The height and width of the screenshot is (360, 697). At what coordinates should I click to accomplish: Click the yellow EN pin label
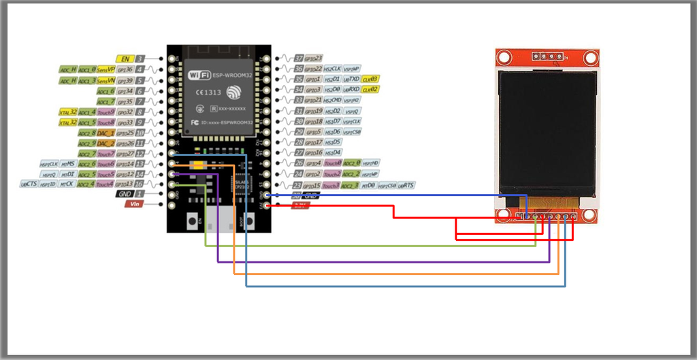(125, 59)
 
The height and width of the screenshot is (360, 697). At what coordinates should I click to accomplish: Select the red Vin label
(133, 203)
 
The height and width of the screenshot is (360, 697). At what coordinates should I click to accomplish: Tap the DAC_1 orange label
(106, 133)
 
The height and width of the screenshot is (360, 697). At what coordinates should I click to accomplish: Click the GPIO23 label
(313, 59)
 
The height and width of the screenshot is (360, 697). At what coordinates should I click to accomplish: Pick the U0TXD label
(351, 80)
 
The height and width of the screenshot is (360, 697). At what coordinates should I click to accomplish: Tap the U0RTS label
(406, 185)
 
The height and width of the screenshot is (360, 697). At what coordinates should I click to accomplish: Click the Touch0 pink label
(333, 164)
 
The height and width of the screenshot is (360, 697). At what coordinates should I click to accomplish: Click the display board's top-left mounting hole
(504, 57)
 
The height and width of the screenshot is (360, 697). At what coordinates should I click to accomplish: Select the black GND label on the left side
(125, 194)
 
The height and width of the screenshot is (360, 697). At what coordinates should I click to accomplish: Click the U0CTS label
(29, 184)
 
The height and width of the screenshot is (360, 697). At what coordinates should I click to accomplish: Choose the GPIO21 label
(313, 101)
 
